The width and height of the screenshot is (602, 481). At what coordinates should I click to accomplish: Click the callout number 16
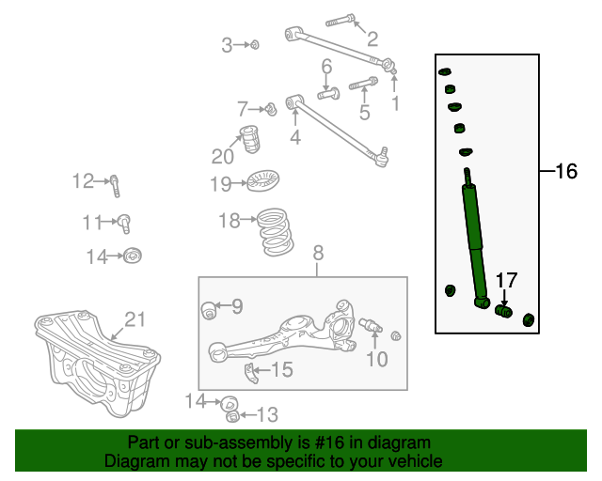pyautogui.click(x=566, y=171)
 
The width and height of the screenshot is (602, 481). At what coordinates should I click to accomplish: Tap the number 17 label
pyautogui.click(x=506, y=280)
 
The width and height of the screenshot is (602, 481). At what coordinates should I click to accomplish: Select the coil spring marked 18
pyautogui.click(x=275, y=232)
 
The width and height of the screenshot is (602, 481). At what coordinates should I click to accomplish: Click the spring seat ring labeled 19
pyautogui.click(x=262, y=180)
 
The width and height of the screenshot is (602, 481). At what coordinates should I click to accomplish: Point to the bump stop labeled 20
pyautogui.click(x=249, y=139)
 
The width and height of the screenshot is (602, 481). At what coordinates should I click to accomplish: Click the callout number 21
pyautogui.click(x=135, y=319)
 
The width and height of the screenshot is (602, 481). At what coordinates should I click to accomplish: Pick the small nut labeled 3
pyautogui.click(x=255, y=45)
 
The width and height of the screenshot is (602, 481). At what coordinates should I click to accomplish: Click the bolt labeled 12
pyautogui.click(x=115, y=186)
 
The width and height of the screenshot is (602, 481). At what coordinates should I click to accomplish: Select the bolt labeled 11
pyautogui.click(x=124, y=224)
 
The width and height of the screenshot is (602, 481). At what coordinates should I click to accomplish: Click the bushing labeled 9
pyautogui.click(x=209, y=310)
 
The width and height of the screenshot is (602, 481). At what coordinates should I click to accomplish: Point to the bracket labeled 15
pyautogui.click(x=251, y=373)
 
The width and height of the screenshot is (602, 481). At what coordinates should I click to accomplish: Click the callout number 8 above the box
pyautogui.click(x=318, y=253)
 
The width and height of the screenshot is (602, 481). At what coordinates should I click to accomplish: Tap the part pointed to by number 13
pyautogui.click(x=233, y=416)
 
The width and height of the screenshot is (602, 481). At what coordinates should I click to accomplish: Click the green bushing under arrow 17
pyautogui.click(x=503, y=311)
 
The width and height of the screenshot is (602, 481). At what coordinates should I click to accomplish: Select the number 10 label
pyautogui.click(x=377, y=359)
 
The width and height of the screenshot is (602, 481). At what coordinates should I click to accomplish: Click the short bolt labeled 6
pyautogui.click(x=328, y=93)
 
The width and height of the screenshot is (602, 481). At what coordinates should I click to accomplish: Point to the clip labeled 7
pyautogui.click(x=271, y=109)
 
